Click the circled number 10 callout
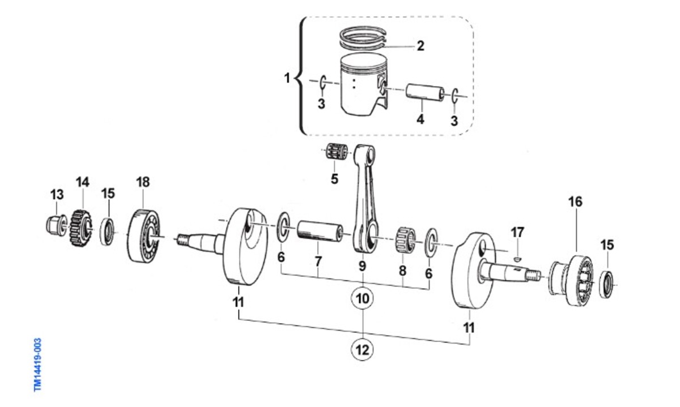(x=363, y=298)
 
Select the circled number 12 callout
(x=362, y=350)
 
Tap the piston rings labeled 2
(x=363, y=38)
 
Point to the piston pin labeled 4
(x=425, y=92)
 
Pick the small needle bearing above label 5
(x=337, y=152)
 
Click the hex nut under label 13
(x=57, y=224)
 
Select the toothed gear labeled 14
(x=80, y=228)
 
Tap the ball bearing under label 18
(x=143, y=235)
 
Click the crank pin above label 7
(x=320, y=232)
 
